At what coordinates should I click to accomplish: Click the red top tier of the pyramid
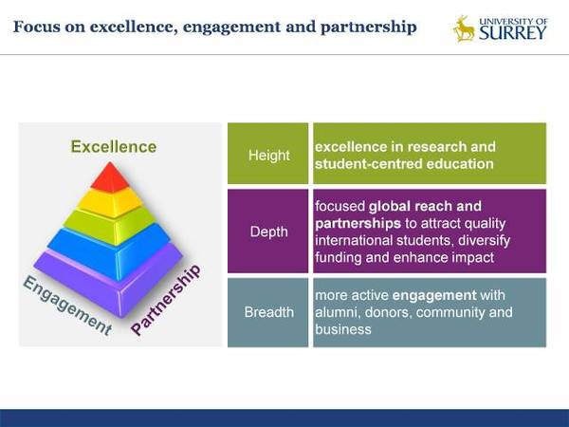[x=110, y=178]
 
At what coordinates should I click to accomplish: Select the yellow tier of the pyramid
[x=110, y=203]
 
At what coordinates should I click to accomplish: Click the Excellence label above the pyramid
[x=114, y=147]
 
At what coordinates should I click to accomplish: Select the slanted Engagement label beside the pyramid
[x=67, y=305]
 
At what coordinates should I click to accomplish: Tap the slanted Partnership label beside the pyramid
[x=165, y=300]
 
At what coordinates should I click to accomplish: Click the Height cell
[x=268, y=154]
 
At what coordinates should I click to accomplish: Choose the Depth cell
[x=268, y=231]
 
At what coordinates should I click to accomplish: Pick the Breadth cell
[x=268, y=312]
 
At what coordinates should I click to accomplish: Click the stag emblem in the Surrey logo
[x=464, y=28]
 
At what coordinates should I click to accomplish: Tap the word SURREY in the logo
[x=512, y=33]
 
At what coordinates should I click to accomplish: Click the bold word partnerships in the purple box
[x=358, y=224]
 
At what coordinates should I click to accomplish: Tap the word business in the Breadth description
[x=343, y=329]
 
